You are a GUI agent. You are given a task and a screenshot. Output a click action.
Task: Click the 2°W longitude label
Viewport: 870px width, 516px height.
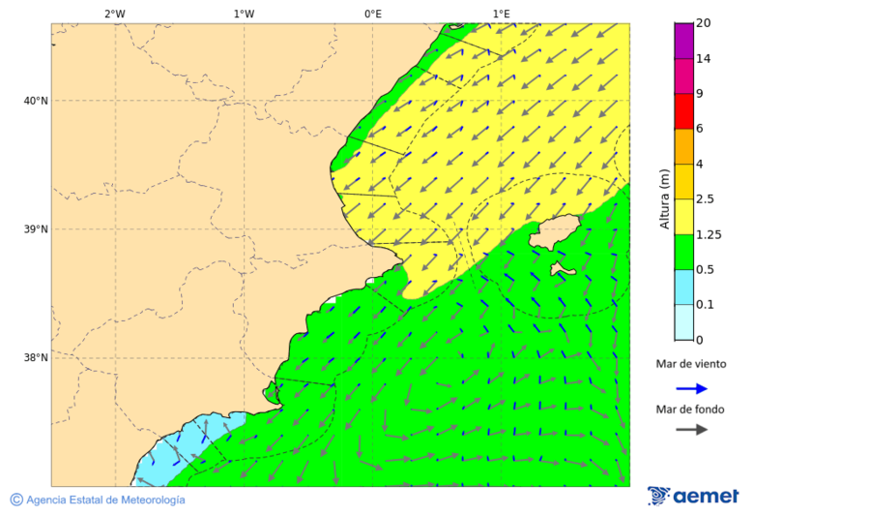coord(114,14)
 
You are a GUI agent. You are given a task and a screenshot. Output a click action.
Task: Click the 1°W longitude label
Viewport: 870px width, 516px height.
coord(244,14)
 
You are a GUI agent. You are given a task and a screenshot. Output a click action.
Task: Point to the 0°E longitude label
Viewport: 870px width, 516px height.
coord(372,14)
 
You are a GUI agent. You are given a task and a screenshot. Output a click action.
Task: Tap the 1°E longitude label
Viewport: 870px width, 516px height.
coord(501,14)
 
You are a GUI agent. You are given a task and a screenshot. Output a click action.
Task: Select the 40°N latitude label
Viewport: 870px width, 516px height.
coord(36,101)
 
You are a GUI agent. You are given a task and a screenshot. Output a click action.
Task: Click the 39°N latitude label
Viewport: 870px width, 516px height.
coord(36,229)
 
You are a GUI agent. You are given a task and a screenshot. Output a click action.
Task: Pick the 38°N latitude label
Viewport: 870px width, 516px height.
coord(36,358)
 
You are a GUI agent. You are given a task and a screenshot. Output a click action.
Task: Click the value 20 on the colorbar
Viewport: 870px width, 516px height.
coord(704,23)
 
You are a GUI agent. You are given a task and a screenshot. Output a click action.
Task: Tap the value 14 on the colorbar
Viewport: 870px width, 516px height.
coord(704,58)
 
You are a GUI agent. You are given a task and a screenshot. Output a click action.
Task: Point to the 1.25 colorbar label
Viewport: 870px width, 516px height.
coord(709,234)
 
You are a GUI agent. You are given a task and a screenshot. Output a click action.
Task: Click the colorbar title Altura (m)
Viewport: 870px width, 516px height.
coord(664,198)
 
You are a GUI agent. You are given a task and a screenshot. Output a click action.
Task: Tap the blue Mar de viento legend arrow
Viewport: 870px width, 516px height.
coord(691,388)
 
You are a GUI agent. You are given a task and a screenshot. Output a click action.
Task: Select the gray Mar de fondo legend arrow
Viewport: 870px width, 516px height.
coord(691,430)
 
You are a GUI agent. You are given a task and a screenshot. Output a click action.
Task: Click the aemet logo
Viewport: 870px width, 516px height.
coord(693,496)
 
